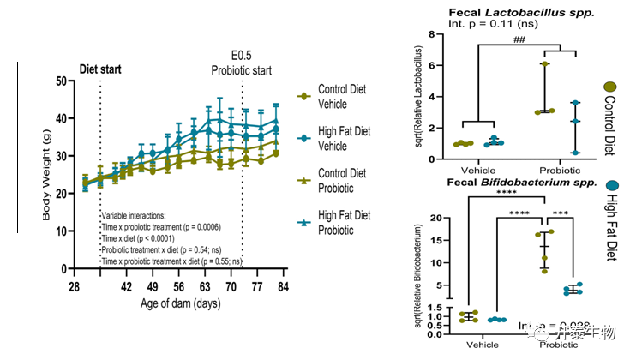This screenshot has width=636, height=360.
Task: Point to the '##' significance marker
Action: click(519, 37)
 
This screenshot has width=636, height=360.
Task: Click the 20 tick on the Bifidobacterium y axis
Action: click(436, 218)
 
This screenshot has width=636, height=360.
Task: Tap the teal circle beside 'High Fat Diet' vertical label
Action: click(612, 187)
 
